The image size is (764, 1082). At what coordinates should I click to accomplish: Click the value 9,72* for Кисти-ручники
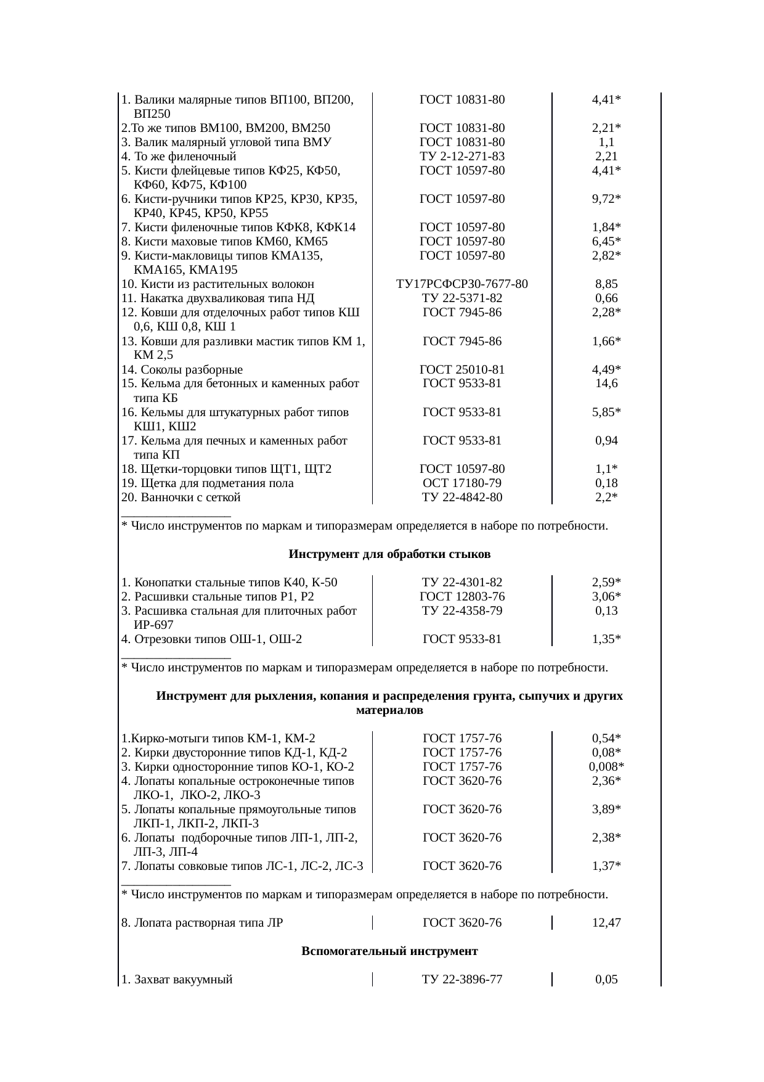606,199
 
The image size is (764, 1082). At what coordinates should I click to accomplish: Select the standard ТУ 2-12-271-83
461,157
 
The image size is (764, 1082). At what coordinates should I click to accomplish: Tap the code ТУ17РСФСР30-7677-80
461,284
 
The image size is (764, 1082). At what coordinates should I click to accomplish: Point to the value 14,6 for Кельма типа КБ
606,383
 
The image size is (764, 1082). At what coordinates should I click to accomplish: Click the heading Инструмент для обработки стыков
389,554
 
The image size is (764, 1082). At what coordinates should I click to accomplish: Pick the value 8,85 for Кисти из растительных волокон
606,284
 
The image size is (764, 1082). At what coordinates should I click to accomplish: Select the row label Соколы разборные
182,370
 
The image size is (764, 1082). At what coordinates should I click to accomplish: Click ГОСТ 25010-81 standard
461,370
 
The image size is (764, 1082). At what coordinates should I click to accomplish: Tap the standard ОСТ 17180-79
461,483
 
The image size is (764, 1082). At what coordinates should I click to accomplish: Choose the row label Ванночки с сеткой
181,498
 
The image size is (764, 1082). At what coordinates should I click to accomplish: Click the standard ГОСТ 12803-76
461,597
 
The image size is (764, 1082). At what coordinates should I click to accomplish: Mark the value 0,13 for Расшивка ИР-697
606,611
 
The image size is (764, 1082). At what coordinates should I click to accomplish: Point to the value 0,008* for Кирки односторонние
606,767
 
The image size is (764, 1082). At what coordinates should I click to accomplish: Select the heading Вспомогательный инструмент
389,951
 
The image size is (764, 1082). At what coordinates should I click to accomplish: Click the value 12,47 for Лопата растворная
606,923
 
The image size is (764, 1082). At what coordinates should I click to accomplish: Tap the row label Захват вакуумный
177,980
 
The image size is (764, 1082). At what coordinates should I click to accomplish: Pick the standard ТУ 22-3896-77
461,980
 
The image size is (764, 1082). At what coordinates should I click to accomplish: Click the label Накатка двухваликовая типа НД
218,298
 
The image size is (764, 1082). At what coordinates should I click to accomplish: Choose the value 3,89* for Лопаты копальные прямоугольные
606,809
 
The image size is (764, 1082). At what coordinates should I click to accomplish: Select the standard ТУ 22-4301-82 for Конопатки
461,583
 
